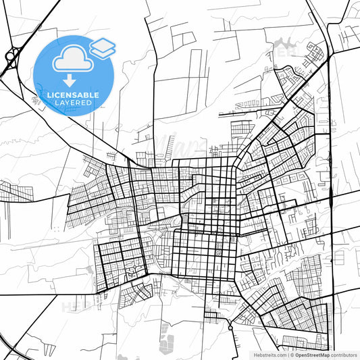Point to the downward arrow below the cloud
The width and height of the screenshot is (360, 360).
click(x=73, y=80)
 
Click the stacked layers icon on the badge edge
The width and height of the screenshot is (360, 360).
click(x=103, y=47)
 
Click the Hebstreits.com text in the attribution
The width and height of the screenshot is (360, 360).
click(x=267, y=355)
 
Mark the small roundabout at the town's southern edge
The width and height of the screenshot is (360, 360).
click(x=231, y=328)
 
